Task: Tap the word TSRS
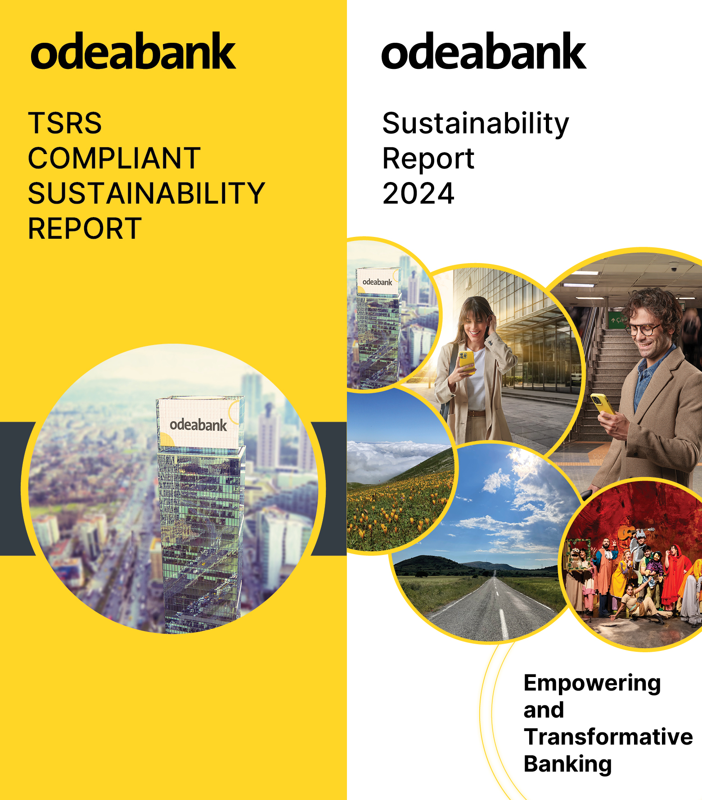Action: tap(65, 123)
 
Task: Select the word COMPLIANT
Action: tap(114, 158)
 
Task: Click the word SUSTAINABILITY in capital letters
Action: tap(147, 193)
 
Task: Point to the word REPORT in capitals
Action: tap(85, 228)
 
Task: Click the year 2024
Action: tap(418, 194)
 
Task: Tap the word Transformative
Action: tap(608, 737)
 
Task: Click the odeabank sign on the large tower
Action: tap(198, 425)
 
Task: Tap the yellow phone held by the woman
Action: tap(466, 362)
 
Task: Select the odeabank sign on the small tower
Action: tap(378, 282)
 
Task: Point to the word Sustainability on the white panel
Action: tap(476, 124)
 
